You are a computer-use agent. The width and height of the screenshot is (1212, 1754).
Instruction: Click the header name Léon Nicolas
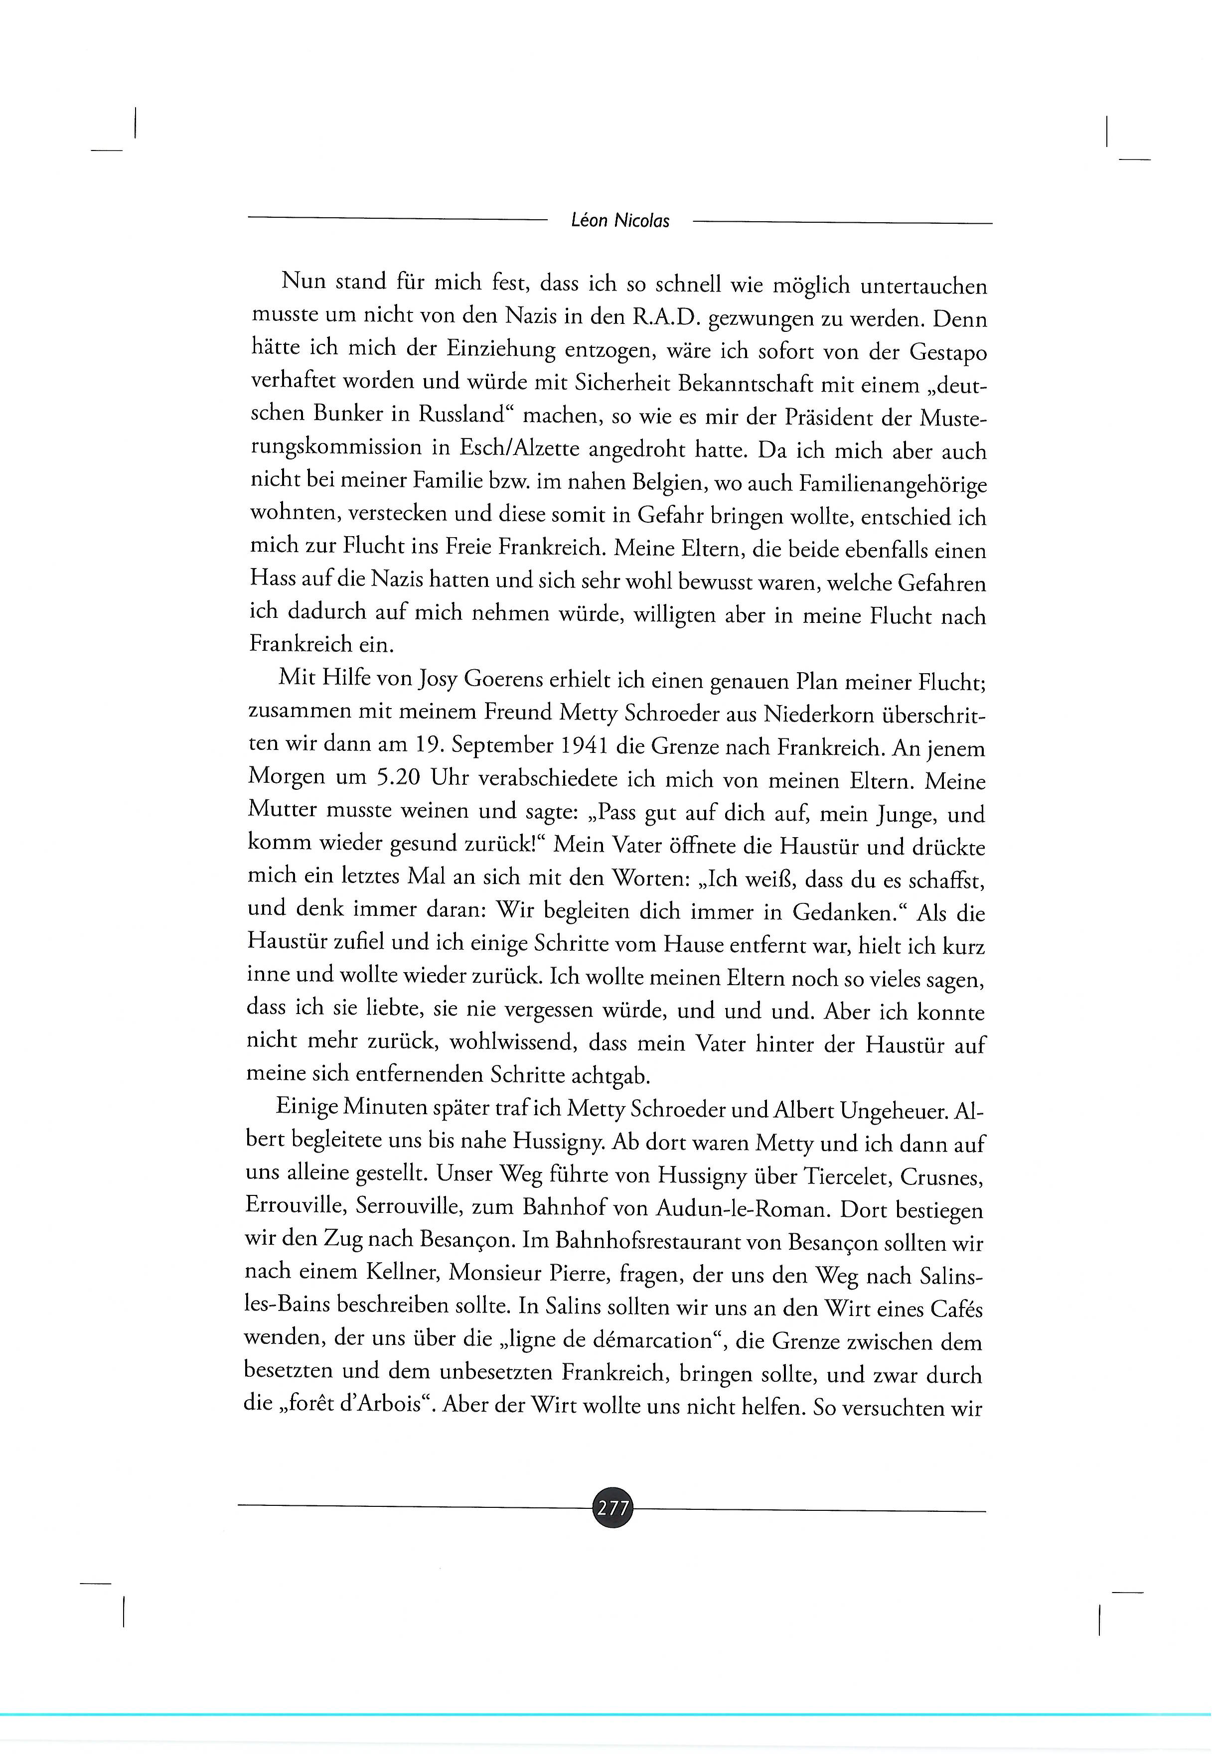coord(619,221)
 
